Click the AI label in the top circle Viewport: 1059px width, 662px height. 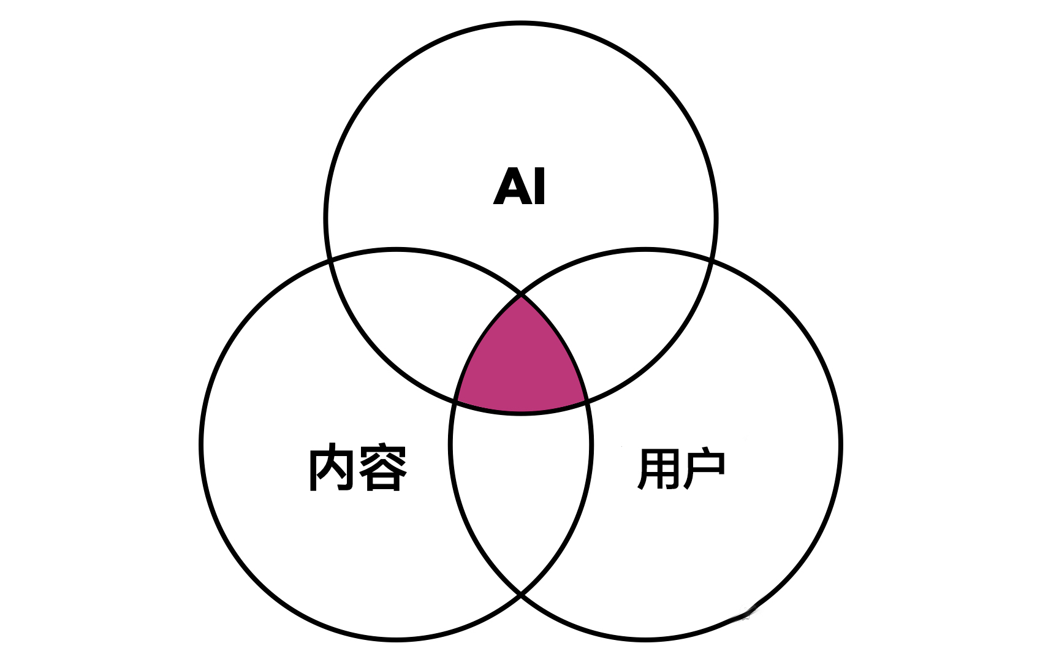[520, 186]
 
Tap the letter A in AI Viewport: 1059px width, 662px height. [512, 186]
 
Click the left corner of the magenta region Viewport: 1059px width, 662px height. [455, 401]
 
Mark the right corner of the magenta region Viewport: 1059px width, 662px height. [586, 401]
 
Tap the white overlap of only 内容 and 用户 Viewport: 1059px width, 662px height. [521, 490]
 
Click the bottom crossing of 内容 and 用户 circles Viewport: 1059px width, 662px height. [521, 593]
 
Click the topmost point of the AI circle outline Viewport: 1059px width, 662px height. [521, 24]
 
